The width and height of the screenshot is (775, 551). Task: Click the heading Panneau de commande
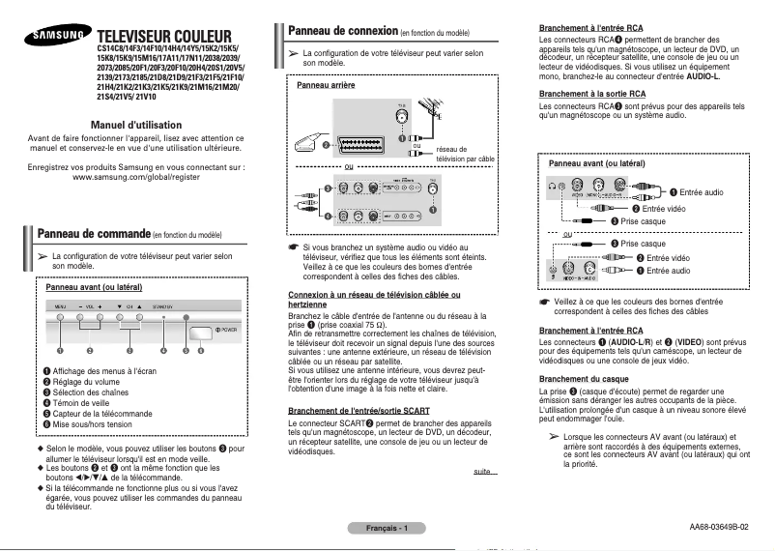click(x=93, y=234)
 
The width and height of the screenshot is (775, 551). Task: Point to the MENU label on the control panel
click(x=60, y=305)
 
